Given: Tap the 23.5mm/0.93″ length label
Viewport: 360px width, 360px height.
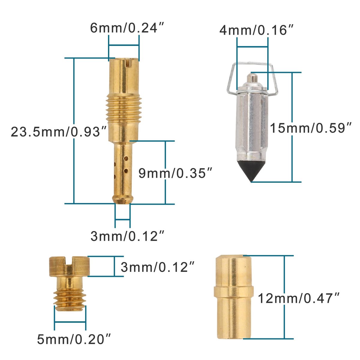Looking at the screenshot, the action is [x=59, y=132].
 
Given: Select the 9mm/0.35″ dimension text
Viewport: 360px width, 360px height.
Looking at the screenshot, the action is [x=175, y=173].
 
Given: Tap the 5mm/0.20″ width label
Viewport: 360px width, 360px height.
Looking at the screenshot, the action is [x=74, y=339].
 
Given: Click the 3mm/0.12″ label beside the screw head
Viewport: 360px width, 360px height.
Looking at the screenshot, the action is [x=157, y=267].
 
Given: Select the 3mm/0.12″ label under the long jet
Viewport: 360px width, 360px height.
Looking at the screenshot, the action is [x=127, y=236].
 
